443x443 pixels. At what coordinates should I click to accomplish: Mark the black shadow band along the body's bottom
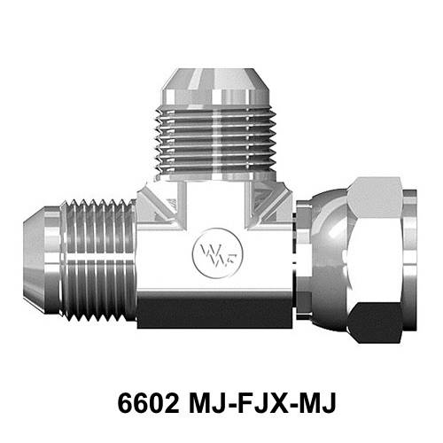[x=213, y=312]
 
